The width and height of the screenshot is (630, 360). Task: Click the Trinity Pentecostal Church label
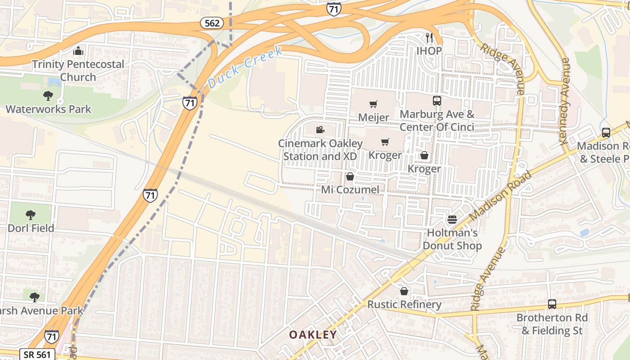pyautogui.click(x=78, y=71)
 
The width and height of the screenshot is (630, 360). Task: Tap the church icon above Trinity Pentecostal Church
pyautogui.click(x=78, y=50)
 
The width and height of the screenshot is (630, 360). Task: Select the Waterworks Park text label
pyautogui.click(x=48, y=109)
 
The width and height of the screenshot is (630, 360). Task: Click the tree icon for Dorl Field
pyautogui.click(x=31, y=215)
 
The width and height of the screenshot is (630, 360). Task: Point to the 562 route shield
pyautogui.click(x=211, y=23)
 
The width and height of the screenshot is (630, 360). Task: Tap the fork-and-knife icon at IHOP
pyautogui.click(x=429, y=37)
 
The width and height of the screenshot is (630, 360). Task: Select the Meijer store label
pyautogui.click(x=373, y=117)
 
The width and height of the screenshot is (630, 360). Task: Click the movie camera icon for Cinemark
pyautogui.click(x=320, y=130)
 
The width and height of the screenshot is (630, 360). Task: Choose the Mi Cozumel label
pyautogui.click(x=350, y=189)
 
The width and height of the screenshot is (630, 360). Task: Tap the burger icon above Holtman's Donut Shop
pyautogui.click(x=452, y=220)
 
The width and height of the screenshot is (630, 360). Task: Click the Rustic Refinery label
pyautogui.click(x=404, y=305)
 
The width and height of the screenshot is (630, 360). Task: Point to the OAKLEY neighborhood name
pyautogui.click(x=313, y=335)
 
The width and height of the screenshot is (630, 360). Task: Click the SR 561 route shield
pyautogui.click(x=37, y=354)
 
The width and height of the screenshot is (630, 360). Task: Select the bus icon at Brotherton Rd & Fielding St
pyautogui.click(x=552, y=304)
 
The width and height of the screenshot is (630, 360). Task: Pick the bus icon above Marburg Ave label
pyautogui.click(x=437, y=100)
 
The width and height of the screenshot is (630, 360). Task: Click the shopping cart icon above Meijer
pyautogui.click(x=373, y=104)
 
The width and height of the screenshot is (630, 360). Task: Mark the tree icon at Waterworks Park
pyautogui.click(x=48, y=95)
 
